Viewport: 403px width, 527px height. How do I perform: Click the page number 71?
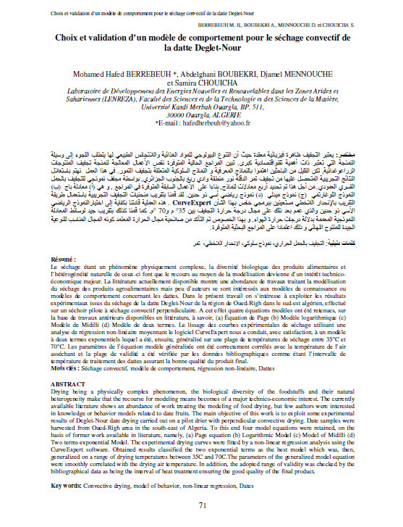click(203, 505)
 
